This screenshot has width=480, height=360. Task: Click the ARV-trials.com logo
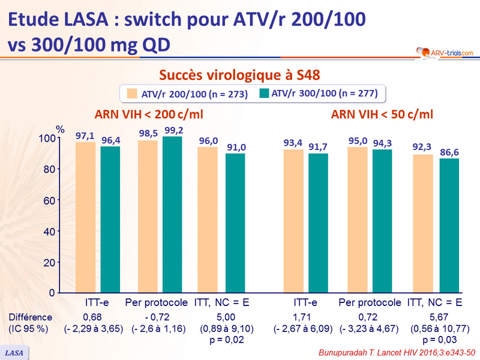point(440,53)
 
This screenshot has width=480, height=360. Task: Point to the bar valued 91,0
point(235,223)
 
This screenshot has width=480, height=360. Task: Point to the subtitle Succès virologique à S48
point(239,75)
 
